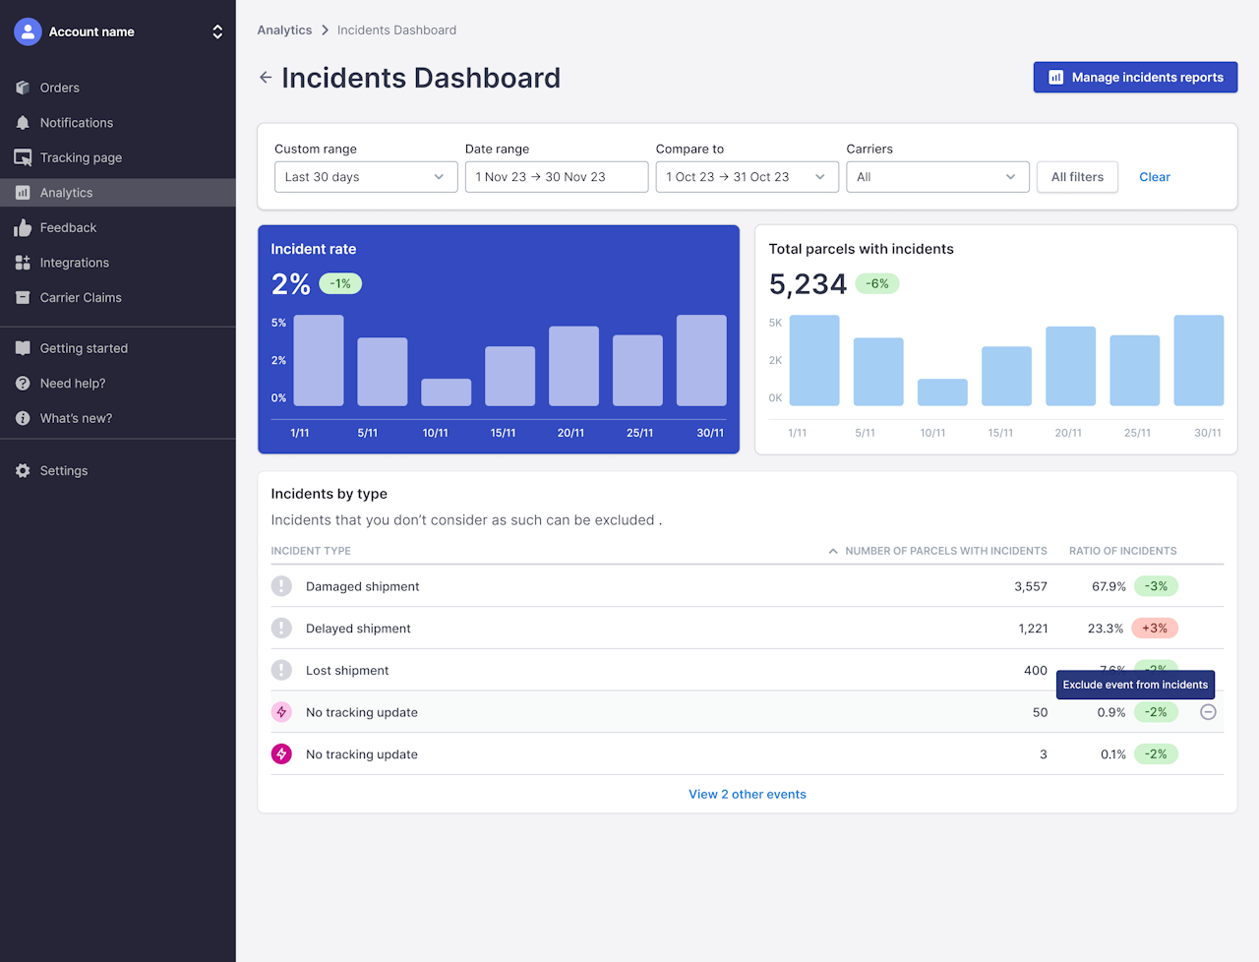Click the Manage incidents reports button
[x=1135, y=78]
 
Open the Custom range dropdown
[x=366, y=177]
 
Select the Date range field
[x=556, y=177]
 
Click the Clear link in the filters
[x=1154, y=177]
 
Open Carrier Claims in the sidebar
[x=81, y=298]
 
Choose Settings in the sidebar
[x=64, y=471]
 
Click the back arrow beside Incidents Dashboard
[x=266, y=78]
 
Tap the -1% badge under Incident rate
[x=340, y=284]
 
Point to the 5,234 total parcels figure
[x=808, y=284]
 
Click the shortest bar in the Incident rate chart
[x=447, y=392]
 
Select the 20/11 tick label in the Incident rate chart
[x=570, y=433]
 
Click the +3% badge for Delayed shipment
[x=1155, y=629]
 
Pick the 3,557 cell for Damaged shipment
[x=1030, y=586]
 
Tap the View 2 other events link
[x=748, y=795]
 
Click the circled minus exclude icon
[x=1208, y=712]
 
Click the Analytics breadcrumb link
[x=284, y=30]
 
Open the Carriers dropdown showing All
[x=936, y=177]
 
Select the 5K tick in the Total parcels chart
[x=775, y=323]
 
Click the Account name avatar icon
[x=28, y=31]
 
